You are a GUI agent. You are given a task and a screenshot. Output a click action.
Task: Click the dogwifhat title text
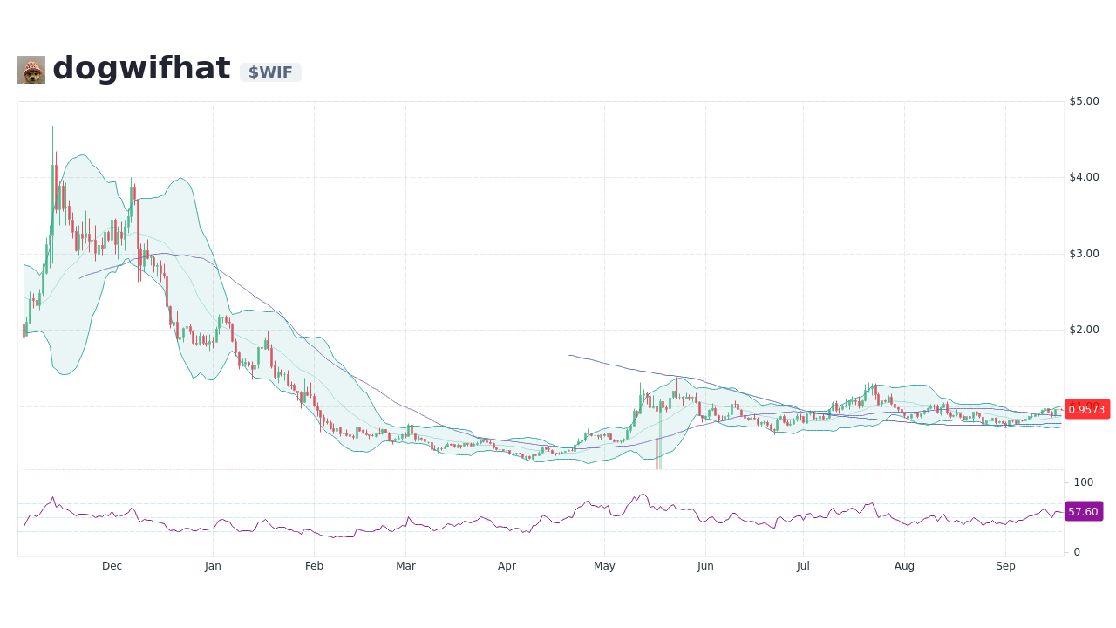(x=141, y=69)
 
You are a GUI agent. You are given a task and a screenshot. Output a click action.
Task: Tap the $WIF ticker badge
(x=270, y=72)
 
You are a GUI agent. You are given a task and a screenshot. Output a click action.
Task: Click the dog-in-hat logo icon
(x=31, y=70)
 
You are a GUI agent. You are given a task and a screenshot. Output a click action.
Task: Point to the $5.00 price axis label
(x=1084, y=101)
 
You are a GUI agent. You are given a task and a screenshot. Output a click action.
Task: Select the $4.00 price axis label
(x=1084, y=177)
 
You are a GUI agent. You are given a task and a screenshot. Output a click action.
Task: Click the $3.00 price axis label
(x=1084, y=254)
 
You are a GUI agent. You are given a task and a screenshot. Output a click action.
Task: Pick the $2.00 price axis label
(x=1084, y=330)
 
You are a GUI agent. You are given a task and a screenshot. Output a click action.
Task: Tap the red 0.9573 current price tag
(x=1086, y=409)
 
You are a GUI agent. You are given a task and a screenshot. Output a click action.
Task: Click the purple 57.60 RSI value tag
(x=1083, y=512)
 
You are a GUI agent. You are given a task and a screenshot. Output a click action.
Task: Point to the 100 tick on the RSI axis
(x=1083, y=482)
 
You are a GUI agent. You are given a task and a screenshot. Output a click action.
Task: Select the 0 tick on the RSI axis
(x=1077, y=552)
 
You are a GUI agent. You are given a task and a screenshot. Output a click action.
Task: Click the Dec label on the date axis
(x=112, y=566)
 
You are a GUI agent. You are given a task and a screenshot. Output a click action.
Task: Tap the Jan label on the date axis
(x=213, y=566)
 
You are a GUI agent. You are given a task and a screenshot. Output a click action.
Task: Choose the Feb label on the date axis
(x=314, y=566)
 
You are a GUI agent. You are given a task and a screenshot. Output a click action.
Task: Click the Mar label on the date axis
(x=405, y=566)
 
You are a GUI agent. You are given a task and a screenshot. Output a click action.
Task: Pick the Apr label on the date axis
(x=507, y=566)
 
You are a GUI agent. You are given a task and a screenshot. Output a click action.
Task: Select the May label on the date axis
(x=604, y=566)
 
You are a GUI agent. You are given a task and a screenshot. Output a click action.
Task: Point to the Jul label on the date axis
(x=803, y=566)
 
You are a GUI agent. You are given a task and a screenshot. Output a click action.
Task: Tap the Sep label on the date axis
(x=1005, y=566)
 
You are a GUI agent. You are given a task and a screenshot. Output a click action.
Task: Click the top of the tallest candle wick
(x=52, y=126)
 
